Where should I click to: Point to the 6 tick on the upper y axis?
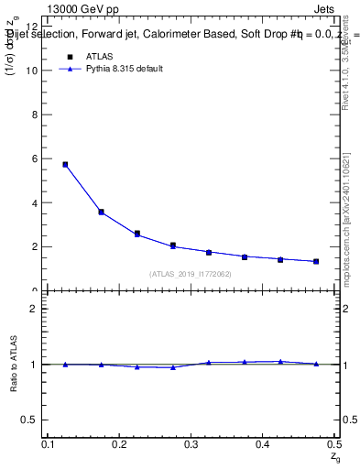(36, 158)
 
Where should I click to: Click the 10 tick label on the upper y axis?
(33, 71)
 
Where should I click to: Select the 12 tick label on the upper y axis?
(33, 27)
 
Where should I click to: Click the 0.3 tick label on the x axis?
(191, 444)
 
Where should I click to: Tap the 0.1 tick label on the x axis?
(50, 444)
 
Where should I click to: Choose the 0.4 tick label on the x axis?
(263, 444)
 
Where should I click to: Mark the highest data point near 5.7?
(65, 165)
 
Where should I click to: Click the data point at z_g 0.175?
(101, 212)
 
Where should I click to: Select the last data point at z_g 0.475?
(316, 261)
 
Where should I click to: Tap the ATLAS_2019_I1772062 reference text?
(190, 274)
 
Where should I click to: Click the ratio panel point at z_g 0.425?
(280, 362)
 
